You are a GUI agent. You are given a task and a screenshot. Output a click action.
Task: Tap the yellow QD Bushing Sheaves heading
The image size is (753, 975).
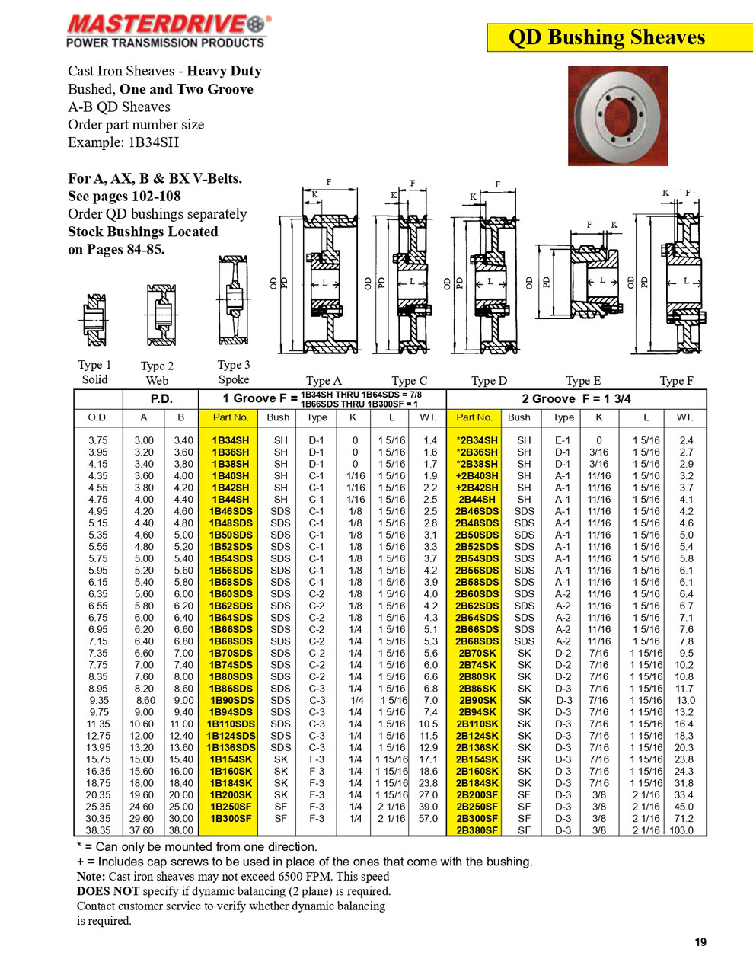tap(607, 37)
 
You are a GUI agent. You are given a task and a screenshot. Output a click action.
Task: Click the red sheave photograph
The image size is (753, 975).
tap(617, 116)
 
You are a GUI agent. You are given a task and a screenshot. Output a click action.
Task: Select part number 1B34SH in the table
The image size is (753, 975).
tap(230, 440)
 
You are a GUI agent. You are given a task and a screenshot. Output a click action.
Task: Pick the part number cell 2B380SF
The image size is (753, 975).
tap(477, 830)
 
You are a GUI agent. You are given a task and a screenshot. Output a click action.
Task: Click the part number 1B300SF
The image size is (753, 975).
tap(230, 819)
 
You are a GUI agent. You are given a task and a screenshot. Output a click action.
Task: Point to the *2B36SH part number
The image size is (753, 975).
tap(477, 452)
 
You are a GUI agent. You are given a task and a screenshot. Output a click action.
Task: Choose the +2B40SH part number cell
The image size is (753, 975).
tap(477, 476)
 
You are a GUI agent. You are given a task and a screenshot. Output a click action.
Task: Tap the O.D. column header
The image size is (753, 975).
tap(98, 417)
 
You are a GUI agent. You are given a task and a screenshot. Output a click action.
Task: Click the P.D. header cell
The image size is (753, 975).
tap(161, 398)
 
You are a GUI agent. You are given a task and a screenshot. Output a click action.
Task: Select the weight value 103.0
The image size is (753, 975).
tap(682, 830)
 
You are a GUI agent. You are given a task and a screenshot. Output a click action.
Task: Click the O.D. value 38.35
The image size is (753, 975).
tap(98, 830)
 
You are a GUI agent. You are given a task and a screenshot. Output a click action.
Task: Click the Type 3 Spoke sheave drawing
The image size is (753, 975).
tap(233, 300)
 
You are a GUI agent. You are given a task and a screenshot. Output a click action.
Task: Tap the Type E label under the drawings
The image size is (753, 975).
tap(583, 381)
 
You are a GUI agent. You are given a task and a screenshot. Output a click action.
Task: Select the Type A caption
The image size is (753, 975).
tap(324, 381)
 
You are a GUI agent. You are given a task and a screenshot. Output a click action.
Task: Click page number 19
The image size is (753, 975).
tap(700, 942)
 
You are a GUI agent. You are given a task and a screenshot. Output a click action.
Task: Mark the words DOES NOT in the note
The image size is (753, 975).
tap(107, 891)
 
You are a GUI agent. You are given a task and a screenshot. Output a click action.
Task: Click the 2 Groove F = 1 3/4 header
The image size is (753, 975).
tap(576, 398)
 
